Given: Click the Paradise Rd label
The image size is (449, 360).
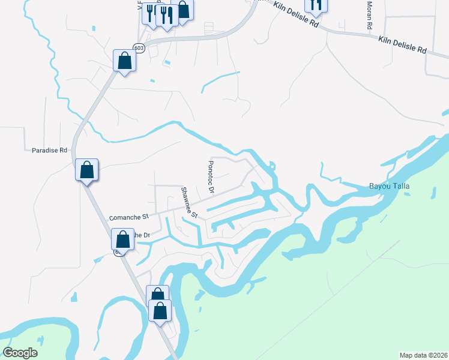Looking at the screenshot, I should coord(49,151).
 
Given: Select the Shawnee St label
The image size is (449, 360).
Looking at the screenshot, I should coord(190,202).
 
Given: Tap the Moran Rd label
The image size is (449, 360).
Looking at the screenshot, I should coord(369,16).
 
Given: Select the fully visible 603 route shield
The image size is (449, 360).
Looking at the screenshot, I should coord(139,48).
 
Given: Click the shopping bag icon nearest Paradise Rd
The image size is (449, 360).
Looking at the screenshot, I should coord(87,170).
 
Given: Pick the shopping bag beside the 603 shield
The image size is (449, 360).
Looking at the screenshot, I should coord(124,61).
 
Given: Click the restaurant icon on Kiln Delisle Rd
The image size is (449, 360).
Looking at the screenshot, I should coord(316,5).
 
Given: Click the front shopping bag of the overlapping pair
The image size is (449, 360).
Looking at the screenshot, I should coord(160,311).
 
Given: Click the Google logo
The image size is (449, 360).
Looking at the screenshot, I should coord(20,353).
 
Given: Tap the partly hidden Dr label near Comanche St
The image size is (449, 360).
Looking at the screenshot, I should coord(140,235).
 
